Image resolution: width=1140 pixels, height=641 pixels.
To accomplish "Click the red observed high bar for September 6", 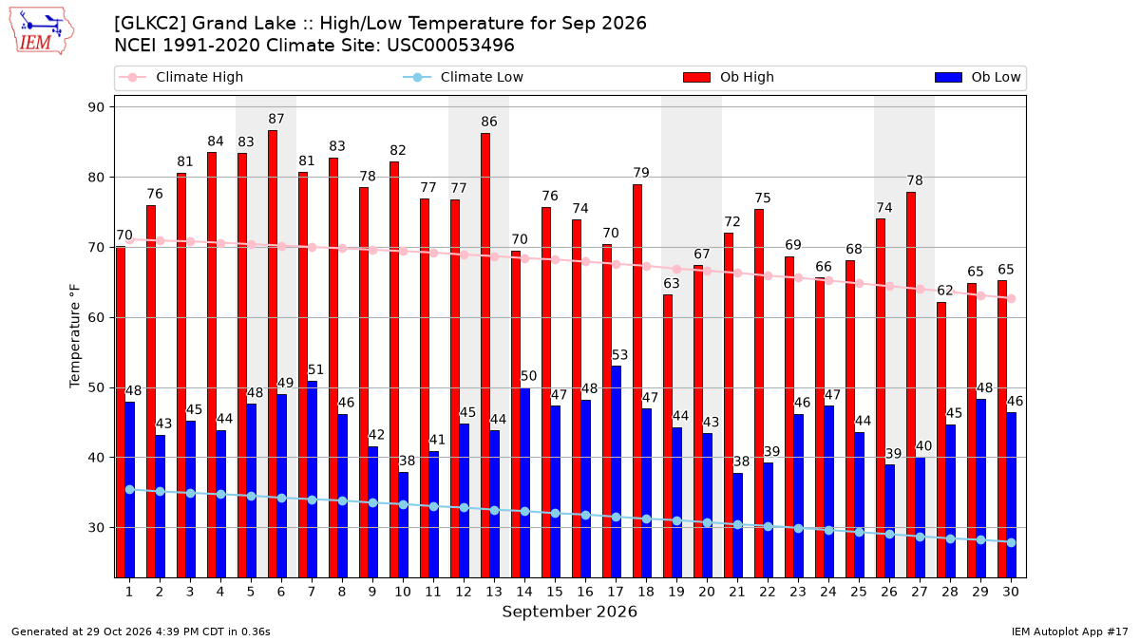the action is pos(273,354).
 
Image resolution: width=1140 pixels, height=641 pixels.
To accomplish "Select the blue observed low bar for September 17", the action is pos(616,472).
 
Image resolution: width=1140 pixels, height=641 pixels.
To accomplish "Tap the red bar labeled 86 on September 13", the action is pos(485,355).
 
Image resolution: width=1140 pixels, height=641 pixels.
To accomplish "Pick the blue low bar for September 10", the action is pos(403,525).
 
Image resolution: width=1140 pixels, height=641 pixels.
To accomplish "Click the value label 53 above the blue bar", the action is pos(619,355).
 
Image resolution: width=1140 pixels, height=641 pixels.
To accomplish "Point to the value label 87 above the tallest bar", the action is pos(276,119).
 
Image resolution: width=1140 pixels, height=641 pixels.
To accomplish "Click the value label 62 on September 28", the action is pos(945,291).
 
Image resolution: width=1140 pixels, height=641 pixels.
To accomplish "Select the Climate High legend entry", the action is pos(181,77).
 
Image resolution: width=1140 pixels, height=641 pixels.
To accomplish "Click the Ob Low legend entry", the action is pos(978,77).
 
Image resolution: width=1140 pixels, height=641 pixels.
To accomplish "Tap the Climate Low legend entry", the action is pos(464,77).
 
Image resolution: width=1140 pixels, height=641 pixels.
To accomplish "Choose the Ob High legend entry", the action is pos(729,77).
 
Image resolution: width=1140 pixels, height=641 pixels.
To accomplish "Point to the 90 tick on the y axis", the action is pos(96,107).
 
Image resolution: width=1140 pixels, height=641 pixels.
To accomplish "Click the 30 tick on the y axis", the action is pos(96,528).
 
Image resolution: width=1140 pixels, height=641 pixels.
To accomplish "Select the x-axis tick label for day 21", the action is pos(737,592).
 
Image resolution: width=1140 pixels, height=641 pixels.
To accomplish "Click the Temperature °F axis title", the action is pos(75,336).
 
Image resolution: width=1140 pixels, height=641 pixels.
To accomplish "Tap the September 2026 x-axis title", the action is pos(569,612).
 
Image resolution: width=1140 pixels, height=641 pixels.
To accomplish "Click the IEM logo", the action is pos(42,31).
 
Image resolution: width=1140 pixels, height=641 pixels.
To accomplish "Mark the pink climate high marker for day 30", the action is pos(1011,298).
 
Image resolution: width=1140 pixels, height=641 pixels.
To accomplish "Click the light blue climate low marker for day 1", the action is pos(130,489).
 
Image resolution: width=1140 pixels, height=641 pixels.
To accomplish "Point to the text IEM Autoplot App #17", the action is pos(1070,632).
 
